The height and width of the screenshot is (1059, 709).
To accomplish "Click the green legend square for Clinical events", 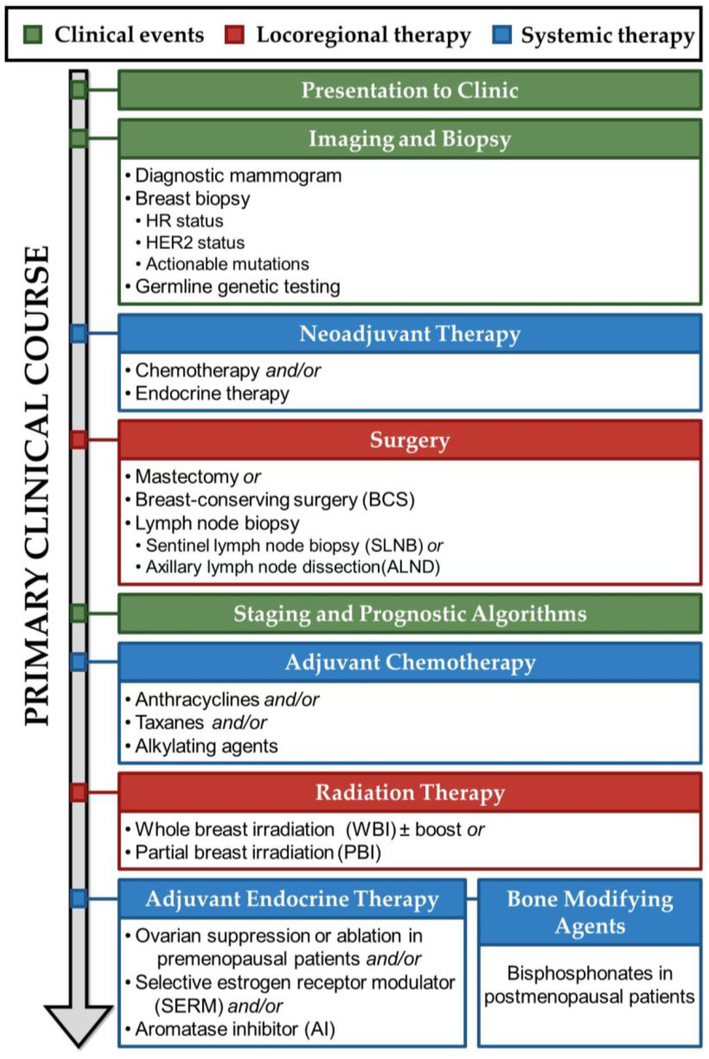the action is (33, 35).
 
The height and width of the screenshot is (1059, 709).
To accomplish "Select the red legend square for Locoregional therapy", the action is (234, 35).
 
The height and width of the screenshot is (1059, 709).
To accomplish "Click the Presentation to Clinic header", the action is (410, 90).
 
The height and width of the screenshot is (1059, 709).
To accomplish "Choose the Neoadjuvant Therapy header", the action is (410, 334).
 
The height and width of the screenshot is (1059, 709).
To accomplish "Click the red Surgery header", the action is (410, 440).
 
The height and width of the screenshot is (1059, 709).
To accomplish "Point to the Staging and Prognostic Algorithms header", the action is (410, 614).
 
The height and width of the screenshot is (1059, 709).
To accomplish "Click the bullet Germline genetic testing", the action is (237, 287).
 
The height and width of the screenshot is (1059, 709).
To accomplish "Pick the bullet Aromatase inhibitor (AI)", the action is (235, 1029).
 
